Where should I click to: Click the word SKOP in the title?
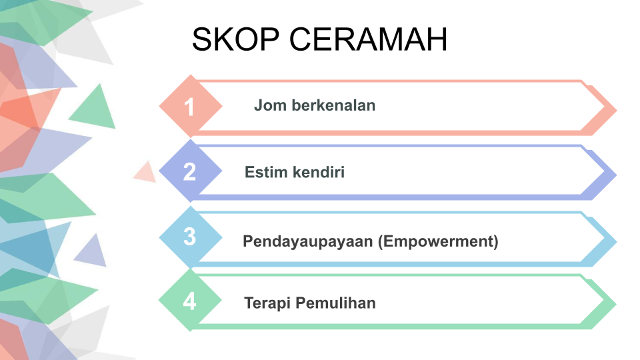(x=235, y=39)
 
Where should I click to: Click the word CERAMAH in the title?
(x=369, y=39)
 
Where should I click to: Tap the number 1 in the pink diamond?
(x=189, y=107)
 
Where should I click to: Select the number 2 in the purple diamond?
(x=189, y=172)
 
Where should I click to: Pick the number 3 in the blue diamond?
(x=189, y=236)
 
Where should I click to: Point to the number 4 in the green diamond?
(x=189, y=301)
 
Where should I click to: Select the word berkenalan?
(x=333, y=105)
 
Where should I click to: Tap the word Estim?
(x=266, y=172)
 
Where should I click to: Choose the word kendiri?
(x=319, y=172)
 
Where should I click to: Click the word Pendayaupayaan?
(x=308, y=241)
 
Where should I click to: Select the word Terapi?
(x=267, y=303)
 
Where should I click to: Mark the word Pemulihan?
(x=335, y=303)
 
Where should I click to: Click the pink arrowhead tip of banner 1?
(x=616, y=110)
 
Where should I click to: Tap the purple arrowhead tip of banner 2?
(x=616, y=175)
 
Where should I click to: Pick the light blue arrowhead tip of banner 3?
(x=616, y=241)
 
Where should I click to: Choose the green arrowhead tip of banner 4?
(x=616, y=304)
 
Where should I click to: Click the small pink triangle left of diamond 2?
(x=146, y=172)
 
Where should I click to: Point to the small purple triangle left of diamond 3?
(x=92, y=252)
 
